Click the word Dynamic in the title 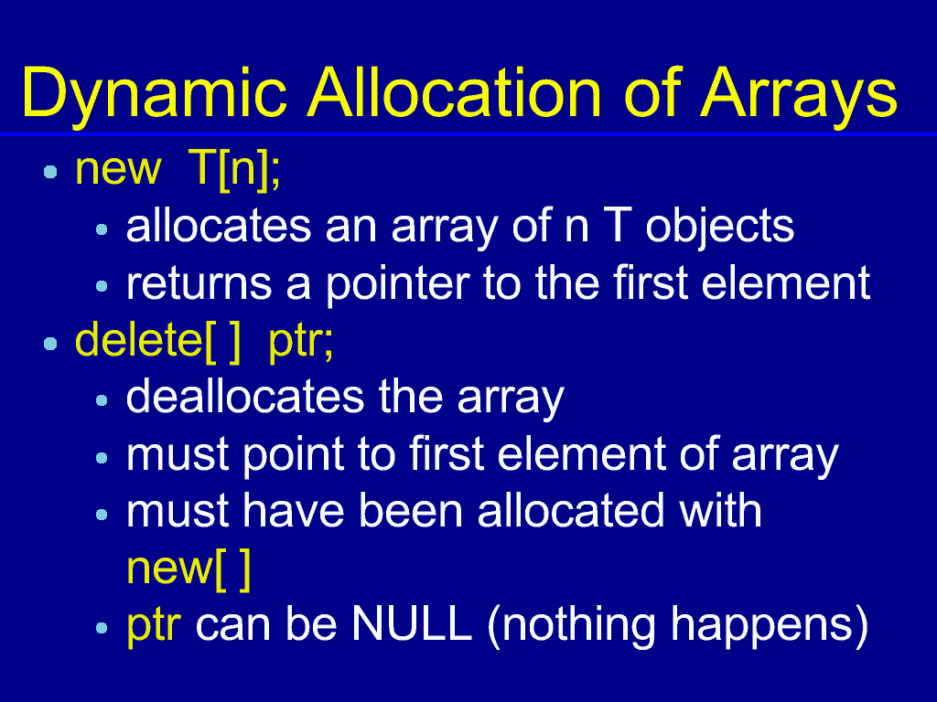(155, 95)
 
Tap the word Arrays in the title (798, 95)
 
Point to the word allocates (219, 227)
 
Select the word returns (199, 284)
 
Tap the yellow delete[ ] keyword (157, 342)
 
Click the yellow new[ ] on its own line (188, 569)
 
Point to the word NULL (411, 625)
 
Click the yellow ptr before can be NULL (154, 628)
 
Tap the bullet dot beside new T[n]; (51, 173)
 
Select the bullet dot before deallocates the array (102, 400)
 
